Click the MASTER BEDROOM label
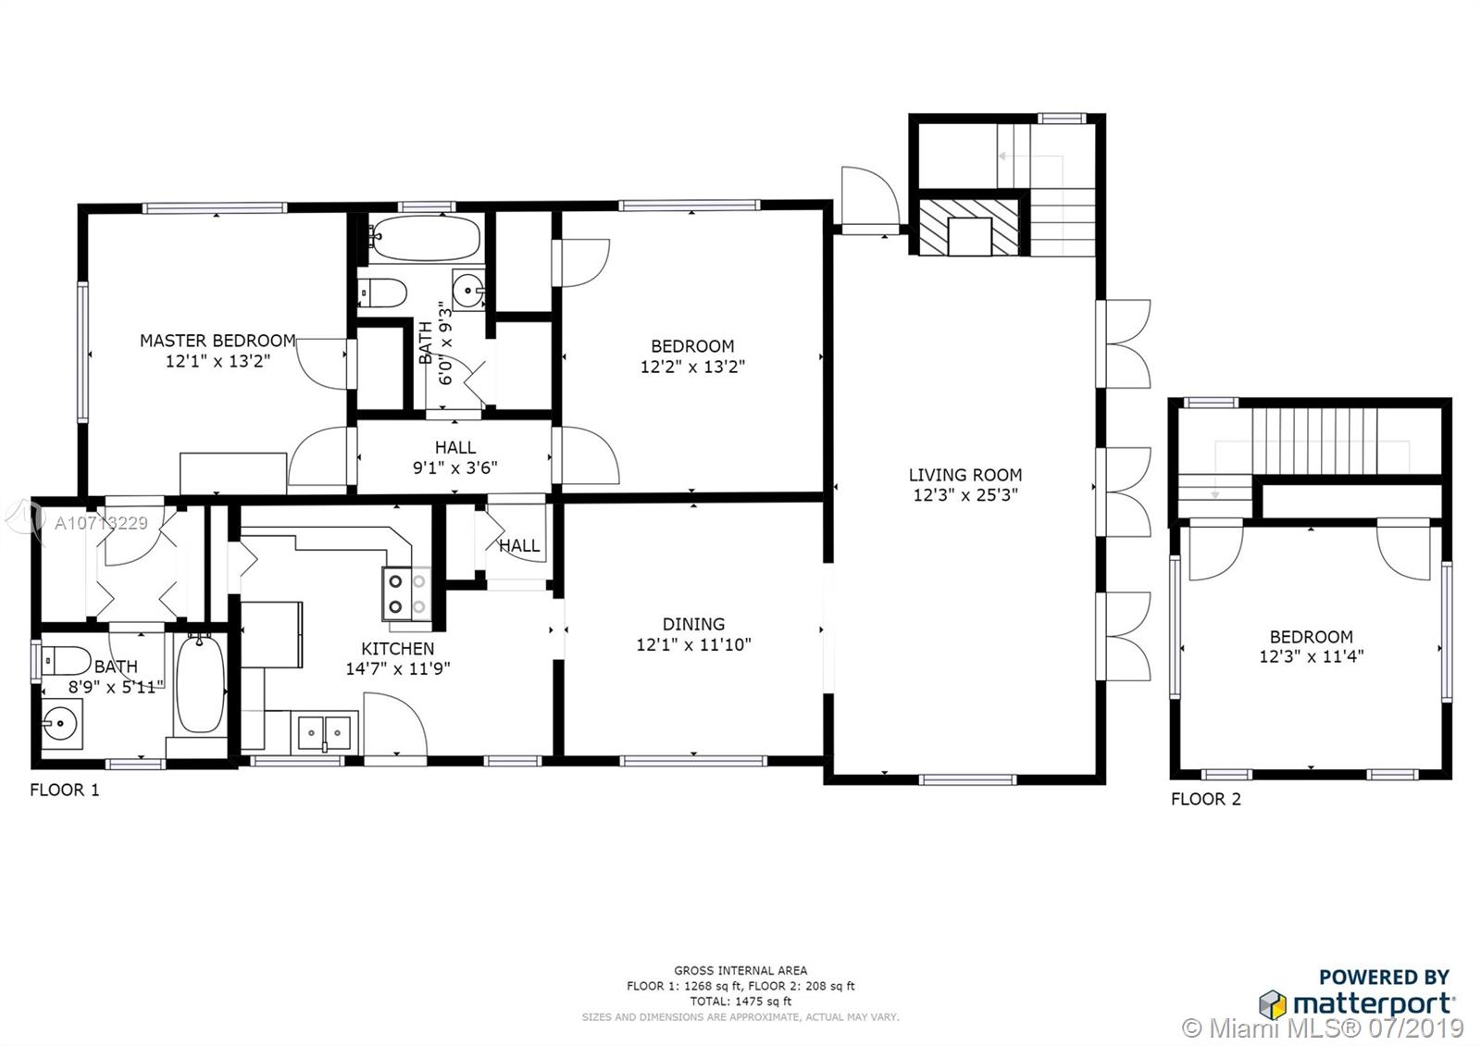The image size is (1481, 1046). click(x=218, y=342)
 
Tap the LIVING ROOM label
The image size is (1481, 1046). click(x=965, y=475)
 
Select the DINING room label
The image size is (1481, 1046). click(x=693, y=624)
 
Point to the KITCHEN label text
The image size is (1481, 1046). click(x=398, y=649)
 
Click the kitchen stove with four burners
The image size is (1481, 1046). click(x=406, y=593)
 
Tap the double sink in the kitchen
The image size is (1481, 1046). click(x=324, y=732)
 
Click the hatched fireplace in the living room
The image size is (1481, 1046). click(x=970, y=226)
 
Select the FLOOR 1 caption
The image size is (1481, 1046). click(x=65, y=791)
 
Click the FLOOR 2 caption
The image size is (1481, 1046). click(x=1206, y=800)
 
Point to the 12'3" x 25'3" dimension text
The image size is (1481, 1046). click(x=965, y=494)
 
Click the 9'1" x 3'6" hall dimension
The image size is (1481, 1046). click(x=454, y=468)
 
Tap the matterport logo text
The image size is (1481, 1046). click(x=1374, y=1004)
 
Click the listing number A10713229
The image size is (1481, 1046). click(x=101, y=524)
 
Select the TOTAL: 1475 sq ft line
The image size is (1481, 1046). click(x=740, y=1001)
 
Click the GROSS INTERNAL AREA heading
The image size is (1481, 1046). click(x=740, y=971)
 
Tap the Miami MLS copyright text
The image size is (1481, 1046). click(x=1323, y=1028)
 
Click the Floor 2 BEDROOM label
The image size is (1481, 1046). click(x=1311, y=637)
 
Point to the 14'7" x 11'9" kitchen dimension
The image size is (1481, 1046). click(x=398, y=668)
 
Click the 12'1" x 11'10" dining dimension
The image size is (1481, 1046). click(x=693, y=644)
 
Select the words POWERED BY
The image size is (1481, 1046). click(x=1384, y=977)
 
